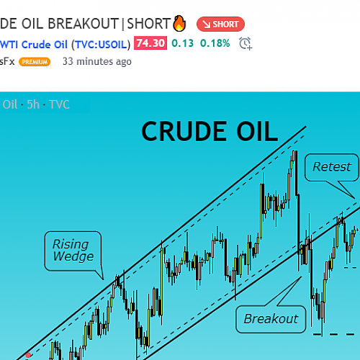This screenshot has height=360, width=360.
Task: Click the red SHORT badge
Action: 220,24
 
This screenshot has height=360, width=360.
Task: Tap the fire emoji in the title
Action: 180,23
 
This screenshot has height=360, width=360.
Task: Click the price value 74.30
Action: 150,43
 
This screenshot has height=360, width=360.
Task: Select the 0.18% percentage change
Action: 215,43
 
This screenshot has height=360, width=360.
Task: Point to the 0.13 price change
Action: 183,43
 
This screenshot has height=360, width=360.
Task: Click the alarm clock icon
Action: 246,43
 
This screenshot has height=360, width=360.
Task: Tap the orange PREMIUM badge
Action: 35,62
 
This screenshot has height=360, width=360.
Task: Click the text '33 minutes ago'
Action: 97,62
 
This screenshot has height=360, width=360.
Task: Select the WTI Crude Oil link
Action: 34,45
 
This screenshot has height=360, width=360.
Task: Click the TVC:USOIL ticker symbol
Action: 101,45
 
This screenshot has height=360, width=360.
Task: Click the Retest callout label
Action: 332,167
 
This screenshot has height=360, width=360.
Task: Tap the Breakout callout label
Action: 271,319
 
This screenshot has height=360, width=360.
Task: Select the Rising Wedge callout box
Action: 73,251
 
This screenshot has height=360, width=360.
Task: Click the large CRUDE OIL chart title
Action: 210,132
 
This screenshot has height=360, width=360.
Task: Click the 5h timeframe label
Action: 33,104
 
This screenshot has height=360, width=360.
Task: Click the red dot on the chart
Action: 28,355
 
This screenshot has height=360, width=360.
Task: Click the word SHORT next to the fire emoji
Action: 148,24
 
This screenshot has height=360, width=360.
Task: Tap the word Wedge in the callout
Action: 73,256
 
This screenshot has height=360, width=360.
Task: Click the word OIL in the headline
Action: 32,24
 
